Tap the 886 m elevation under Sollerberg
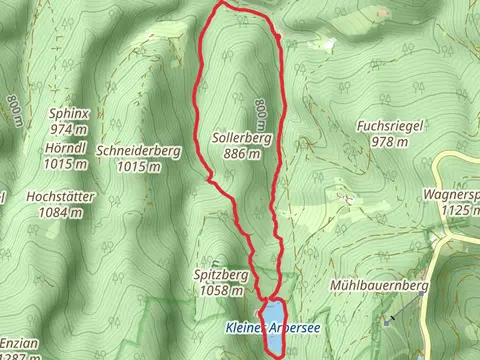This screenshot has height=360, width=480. coord(237,154)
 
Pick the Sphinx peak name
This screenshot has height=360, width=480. coord(69,114)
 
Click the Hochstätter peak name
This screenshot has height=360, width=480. coord(61,197)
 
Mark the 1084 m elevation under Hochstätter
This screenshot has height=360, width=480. coord(61,212)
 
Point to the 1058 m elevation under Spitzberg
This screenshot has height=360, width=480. coord(219,290)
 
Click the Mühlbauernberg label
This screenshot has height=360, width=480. coord(378,286)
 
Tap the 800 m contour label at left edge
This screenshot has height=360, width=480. coord(14,110)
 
